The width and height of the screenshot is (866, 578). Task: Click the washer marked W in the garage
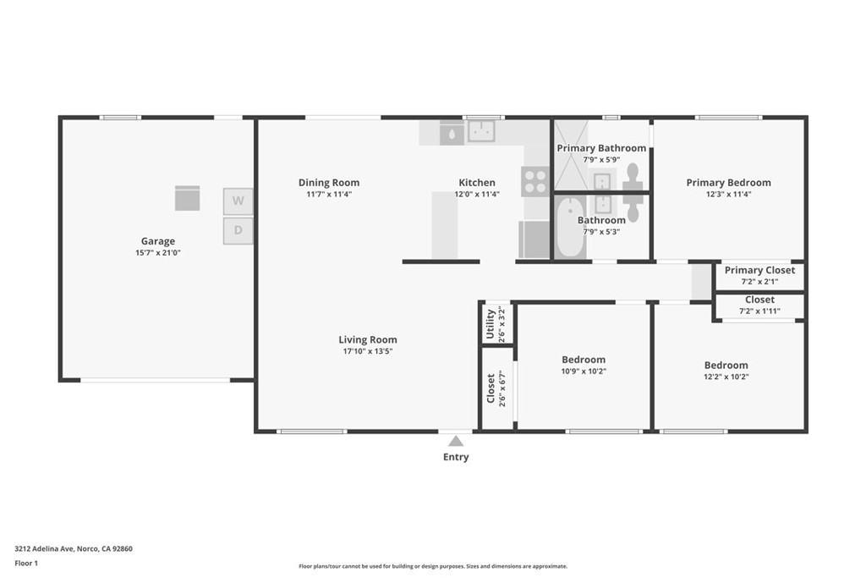pyautogui.click(x=238, y=201)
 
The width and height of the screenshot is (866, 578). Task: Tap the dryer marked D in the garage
pyautogui.click(x=238, y=230)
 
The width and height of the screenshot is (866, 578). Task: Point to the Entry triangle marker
pyautogui.click(x=456, y=441)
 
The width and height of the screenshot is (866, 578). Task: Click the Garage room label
pyautogui.click(x=158, y=241)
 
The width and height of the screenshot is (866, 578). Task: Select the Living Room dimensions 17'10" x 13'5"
pyautogui.click(x=368, y=351)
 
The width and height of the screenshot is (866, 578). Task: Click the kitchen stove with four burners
pyautogui.click(x=534, y=181)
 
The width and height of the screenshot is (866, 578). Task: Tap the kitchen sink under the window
pyautogui.click(x=481, y=131)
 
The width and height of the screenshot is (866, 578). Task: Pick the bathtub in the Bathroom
pyautogui.click(x=569, y=226)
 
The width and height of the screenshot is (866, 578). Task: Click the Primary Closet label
pyautogui.click(x=760, y=270)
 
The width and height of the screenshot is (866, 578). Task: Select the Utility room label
pyautogui.click(x=490, y=324)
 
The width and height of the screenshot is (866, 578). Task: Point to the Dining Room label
pyautogui.click(x=329, y=182)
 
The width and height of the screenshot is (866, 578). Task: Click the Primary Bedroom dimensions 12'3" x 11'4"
pyautogui.click(x=728, y=194)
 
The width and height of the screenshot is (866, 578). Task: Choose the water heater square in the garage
pyautogui.click(x=187, y=198)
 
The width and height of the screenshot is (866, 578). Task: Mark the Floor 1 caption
pyautogui.click(x=26, y=563)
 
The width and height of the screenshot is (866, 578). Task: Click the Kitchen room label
pyautogui.click(x=477, y=182)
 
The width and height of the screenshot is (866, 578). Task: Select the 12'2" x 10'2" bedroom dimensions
pyautogui.click(x=726, y=377)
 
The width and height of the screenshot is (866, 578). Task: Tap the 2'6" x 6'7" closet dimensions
pyautogui.click(x=502, y=388)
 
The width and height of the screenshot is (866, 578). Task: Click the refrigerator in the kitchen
pyautogui.click(x=534, y=239)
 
